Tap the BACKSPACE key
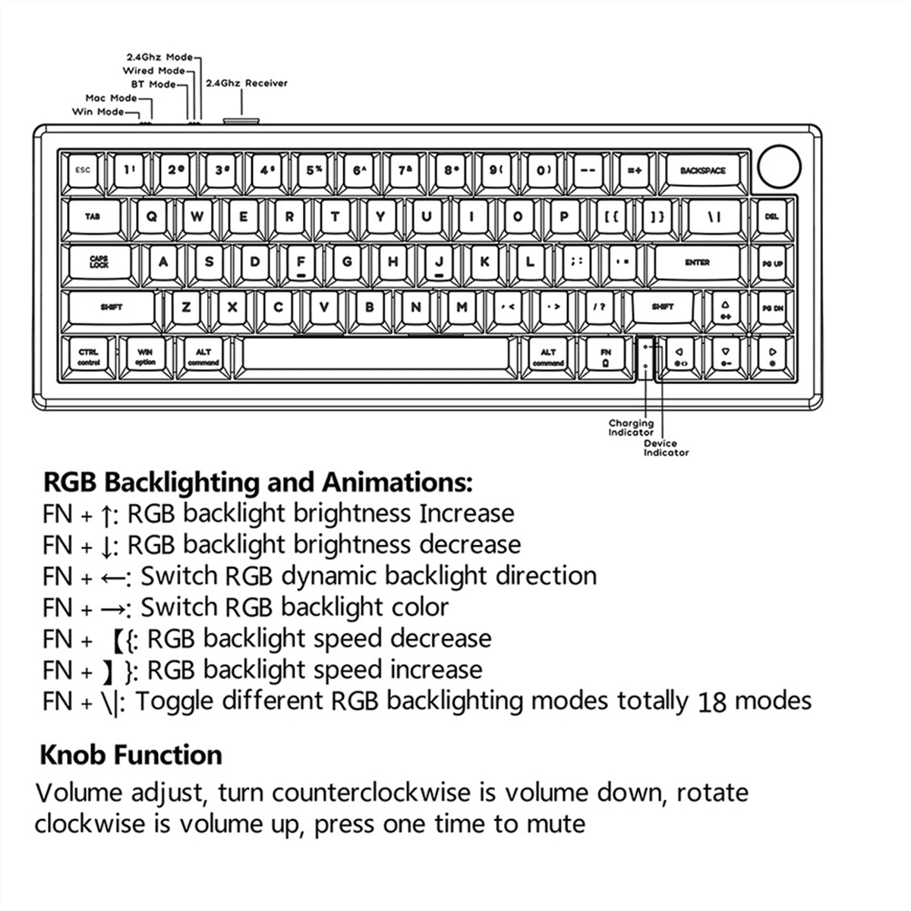click(x=702, y=171)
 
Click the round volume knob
click(x=779, y=166)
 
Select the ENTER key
click(x=697, y=263)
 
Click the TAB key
click(x=93, y=217)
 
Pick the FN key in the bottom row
click(x=605, y=356)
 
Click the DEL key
click(x=772, y=217)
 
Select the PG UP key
click(x=772, y=263)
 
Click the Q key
click(x=151, y=216)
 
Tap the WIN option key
click(x=145, y=356)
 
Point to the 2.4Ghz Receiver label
click(x=247, y=83)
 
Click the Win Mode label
click(x=98, y=112)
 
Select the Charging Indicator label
click(x=630, y=427)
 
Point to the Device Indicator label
click(x=666, y=448)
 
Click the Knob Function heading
click(x=131, y=755)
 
